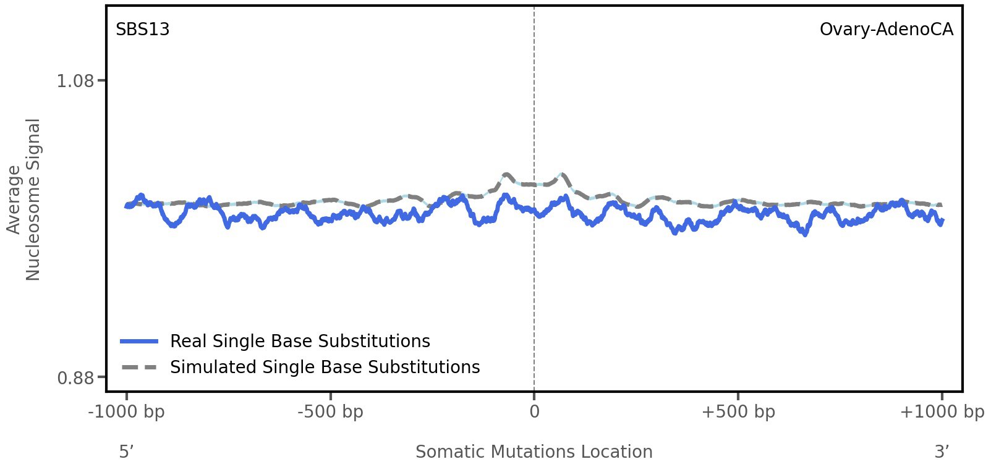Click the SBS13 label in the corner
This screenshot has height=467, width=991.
coord(142,30)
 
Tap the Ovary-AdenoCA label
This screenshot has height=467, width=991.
coord(886,30)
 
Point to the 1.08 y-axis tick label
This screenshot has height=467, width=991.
coord(75,81)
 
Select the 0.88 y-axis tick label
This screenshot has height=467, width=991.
coord(75,377)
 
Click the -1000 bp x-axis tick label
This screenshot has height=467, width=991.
coord(127,412)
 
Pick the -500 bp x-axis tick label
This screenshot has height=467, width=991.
coord(330,412)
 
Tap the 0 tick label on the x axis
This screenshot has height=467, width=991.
coord(534,412)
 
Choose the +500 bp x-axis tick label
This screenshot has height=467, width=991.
coord(738,412)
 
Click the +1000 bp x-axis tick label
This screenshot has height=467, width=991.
coord(942,412)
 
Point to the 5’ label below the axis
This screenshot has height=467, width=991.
coord(126,452)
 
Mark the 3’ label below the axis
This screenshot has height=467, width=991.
coord(942,452)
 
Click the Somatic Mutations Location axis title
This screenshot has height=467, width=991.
coord(534,452)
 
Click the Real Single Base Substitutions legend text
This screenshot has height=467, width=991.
coord(300,342)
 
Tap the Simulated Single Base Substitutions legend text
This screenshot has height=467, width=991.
coord(325,368)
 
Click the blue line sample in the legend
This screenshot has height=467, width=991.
coord(140,342)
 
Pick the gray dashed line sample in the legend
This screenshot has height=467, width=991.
coord(140,368)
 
